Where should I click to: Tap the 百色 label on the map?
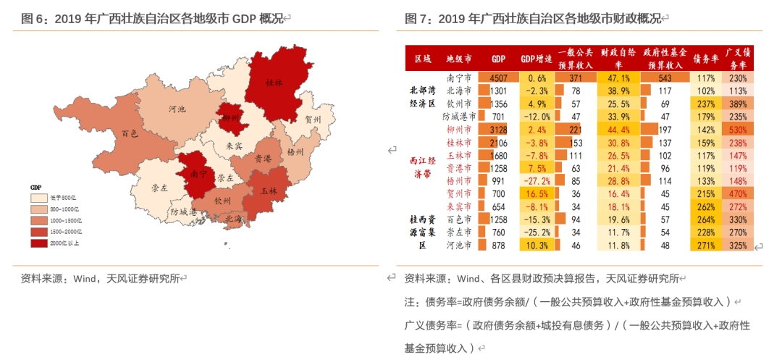[x=130, y=134]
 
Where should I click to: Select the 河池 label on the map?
[x=176, y=109]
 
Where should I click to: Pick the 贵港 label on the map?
[x=263, y=158]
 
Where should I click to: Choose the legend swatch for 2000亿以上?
[x=38, y=243]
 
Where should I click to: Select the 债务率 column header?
[x=705, y=59]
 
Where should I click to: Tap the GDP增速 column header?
[x=537, y=59]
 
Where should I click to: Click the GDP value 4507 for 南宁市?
[x=498, y=78]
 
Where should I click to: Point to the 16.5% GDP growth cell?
[x=537, y=193]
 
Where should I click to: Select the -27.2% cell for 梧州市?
[x=537, y=180]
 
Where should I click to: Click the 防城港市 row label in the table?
[x=459, y=117]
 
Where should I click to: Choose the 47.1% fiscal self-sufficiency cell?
[x=620, y=78]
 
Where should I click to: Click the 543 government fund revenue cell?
[x=665, y=78]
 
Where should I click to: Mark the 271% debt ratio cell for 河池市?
[x=705, y=246]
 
